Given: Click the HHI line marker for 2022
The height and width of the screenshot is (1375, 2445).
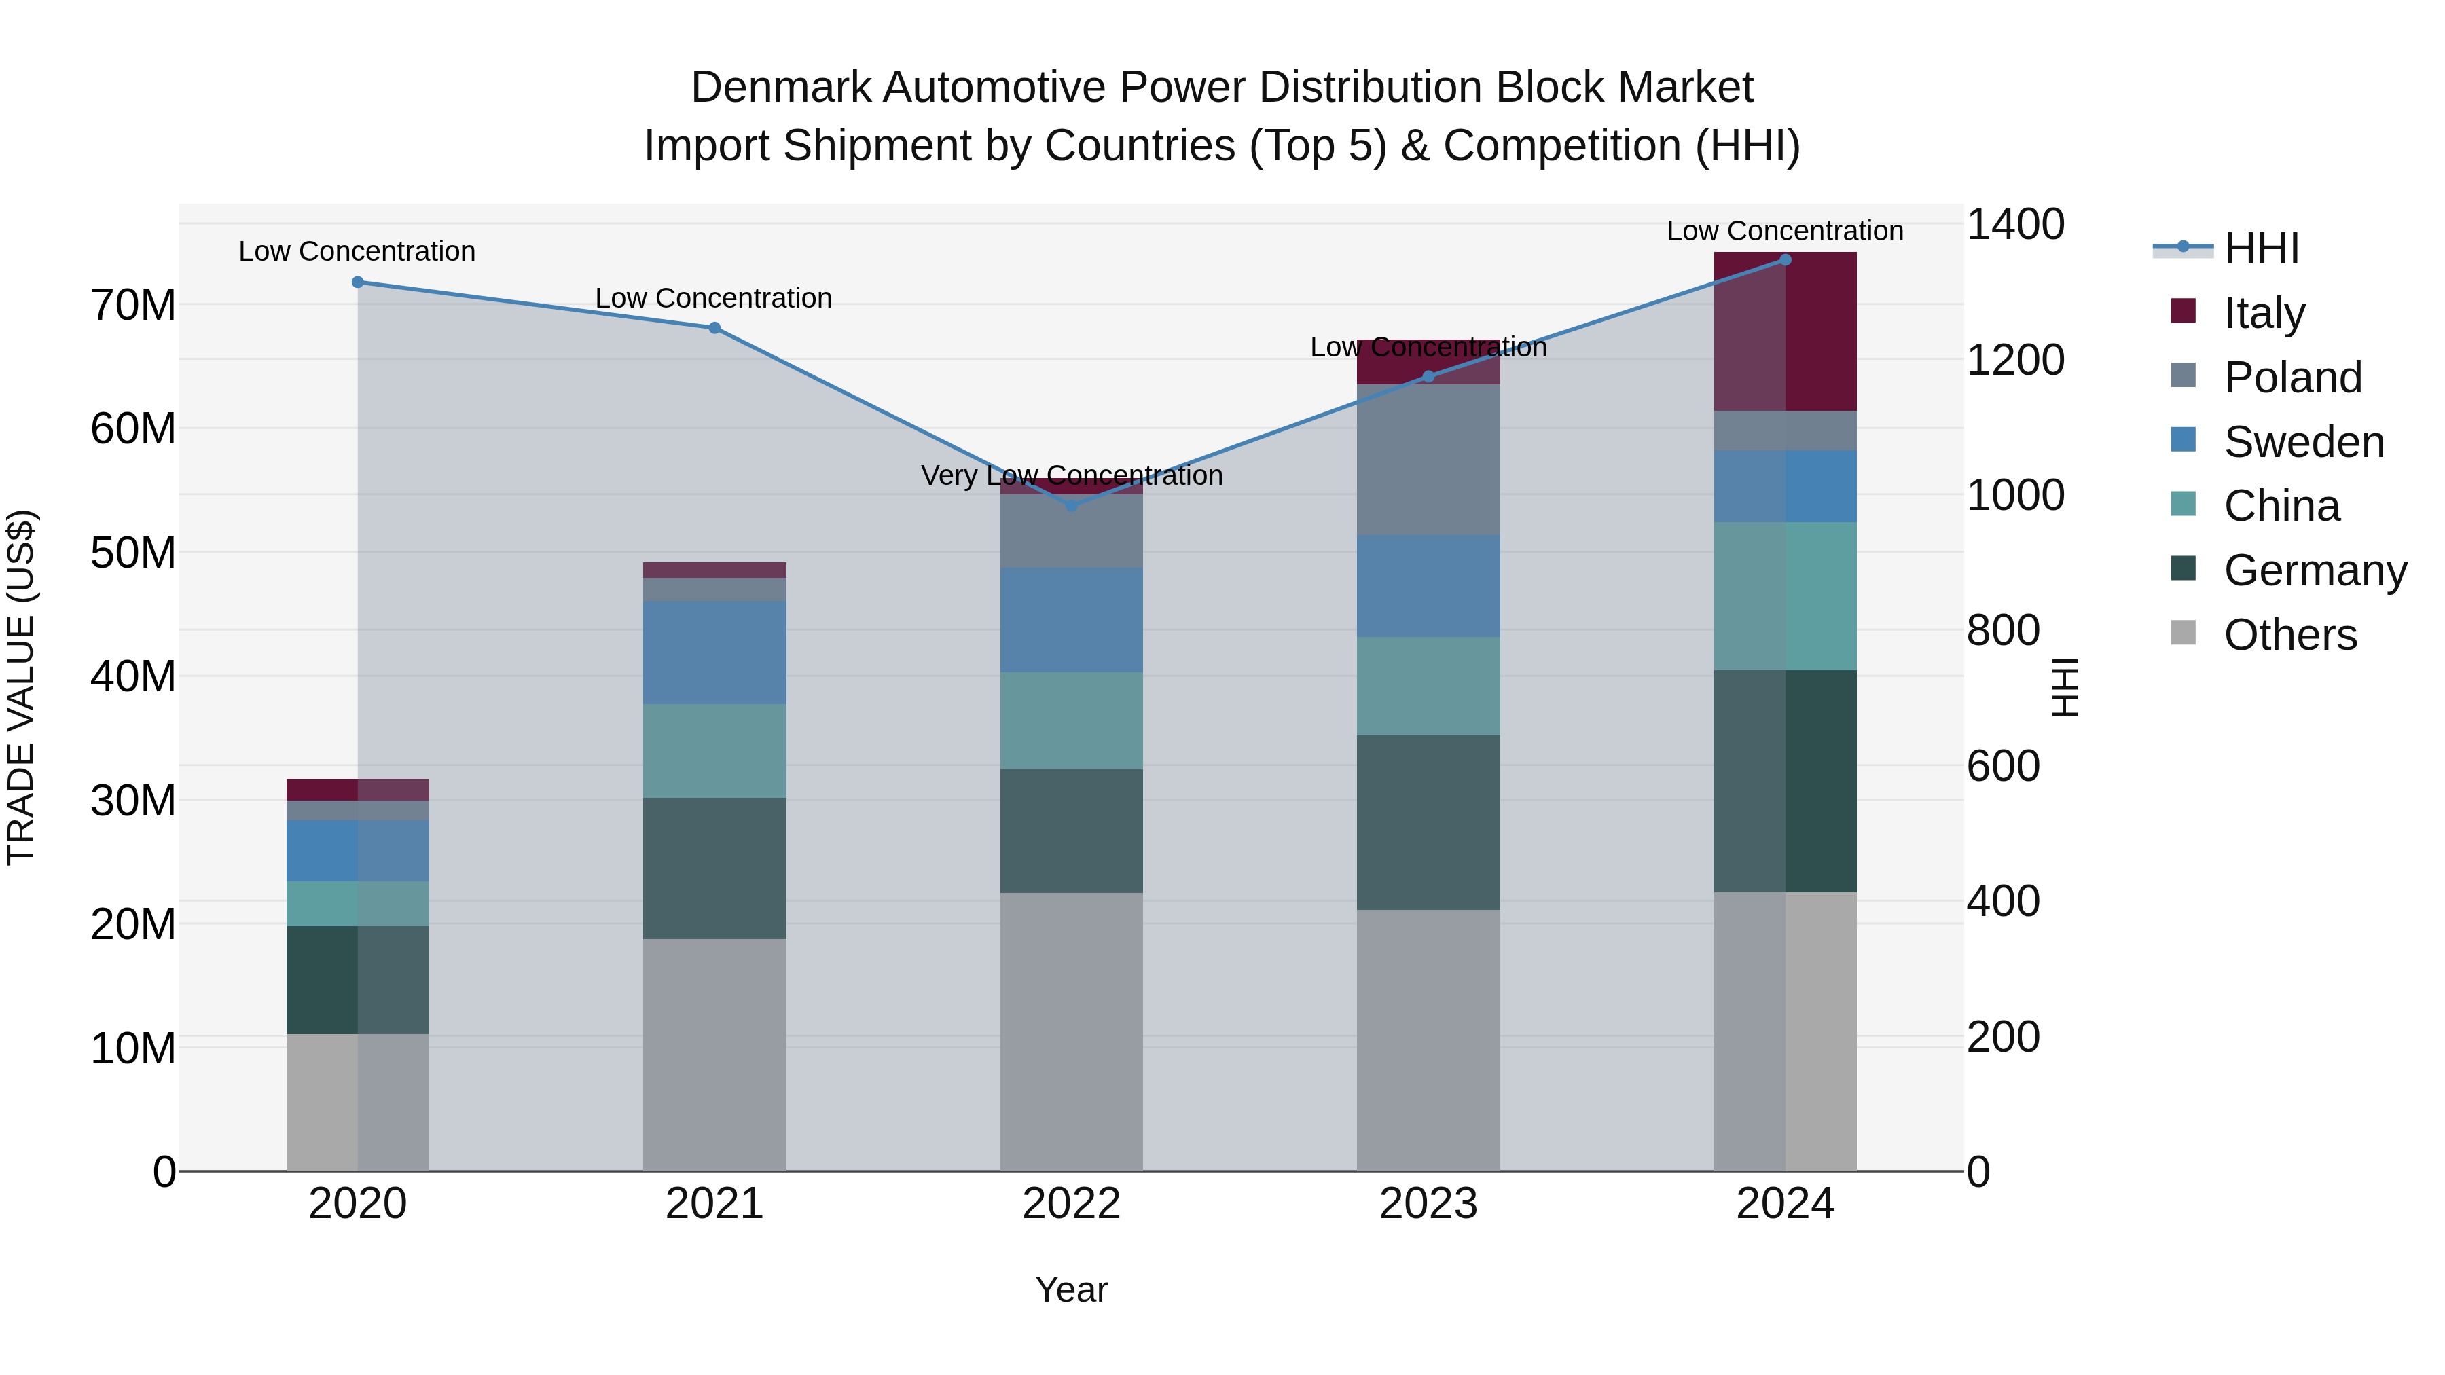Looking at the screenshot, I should click(x=1072, y=505).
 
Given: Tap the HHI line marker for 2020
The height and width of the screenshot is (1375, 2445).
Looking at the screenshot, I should click(x=358, y=282).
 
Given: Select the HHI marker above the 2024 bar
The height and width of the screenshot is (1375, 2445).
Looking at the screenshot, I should click(x=1784, y=259).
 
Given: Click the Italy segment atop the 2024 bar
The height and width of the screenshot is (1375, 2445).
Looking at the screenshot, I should click(x=1784, y=332).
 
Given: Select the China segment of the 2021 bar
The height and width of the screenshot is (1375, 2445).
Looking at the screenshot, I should click(x=714, y=750).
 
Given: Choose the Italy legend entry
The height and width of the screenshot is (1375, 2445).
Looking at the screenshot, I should click(x=2264, y=313).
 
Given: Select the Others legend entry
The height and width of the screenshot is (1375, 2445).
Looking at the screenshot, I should click(x=2289, y=635).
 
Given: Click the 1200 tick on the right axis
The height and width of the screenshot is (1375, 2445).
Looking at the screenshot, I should click(x=2015, y=361).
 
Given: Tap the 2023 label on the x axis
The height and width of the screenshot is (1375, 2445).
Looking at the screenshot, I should click(x=1428, y=1204).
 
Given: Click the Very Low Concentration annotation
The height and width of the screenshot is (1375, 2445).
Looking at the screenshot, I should click(x=1072, y=475).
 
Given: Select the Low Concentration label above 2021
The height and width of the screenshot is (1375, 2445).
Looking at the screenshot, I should click(x=714, y=298).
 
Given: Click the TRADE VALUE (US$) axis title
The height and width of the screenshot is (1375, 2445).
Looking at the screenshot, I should click(x=21, y=687).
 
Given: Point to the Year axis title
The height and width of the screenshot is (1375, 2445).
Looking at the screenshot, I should click(x=1070, y=1289).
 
